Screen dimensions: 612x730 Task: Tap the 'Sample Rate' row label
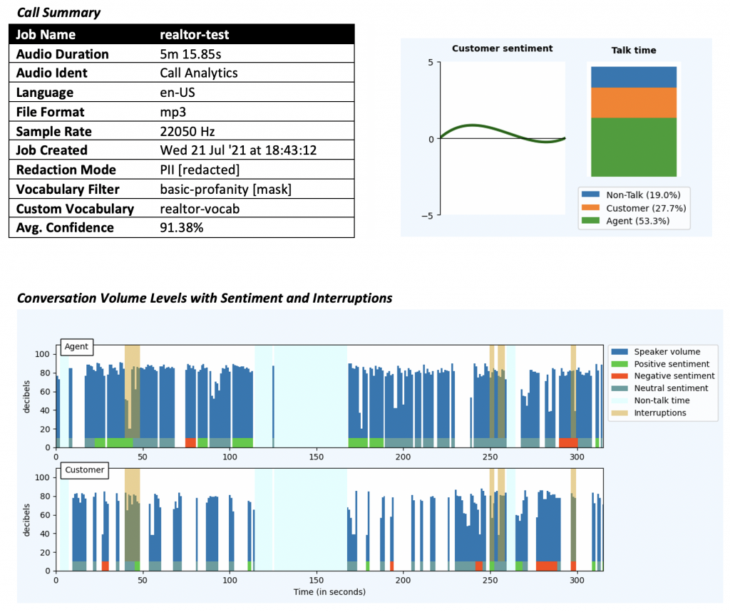tap(53, 132)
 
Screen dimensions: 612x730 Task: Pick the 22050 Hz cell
tap(187, 132)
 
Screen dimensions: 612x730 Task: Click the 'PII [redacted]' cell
tap(200, 170)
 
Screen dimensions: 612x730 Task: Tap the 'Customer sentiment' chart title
tap(502, 48)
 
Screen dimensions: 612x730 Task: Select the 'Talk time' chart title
tap(634, 50)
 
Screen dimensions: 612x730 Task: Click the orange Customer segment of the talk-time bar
tap(632, 103)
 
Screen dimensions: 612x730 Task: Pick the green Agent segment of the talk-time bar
tap(632, 147)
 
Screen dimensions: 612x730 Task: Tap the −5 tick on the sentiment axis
tap(430, 215)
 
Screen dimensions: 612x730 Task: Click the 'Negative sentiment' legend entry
tap(674, 376)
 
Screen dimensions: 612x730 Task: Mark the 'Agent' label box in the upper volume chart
tap(76, 347)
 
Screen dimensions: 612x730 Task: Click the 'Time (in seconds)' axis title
tap(329, 591)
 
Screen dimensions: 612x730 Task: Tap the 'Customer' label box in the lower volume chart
tap(84, 470)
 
